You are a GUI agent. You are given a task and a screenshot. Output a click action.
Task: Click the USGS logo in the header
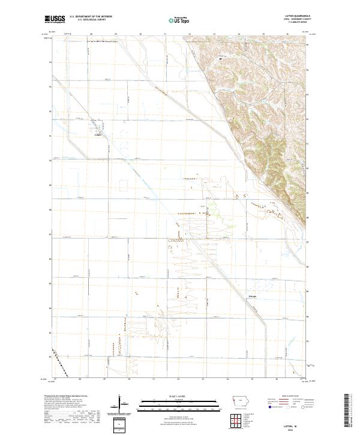[x=55, y=20]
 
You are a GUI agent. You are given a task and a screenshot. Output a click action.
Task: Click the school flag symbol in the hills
[x=221, y=58]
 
